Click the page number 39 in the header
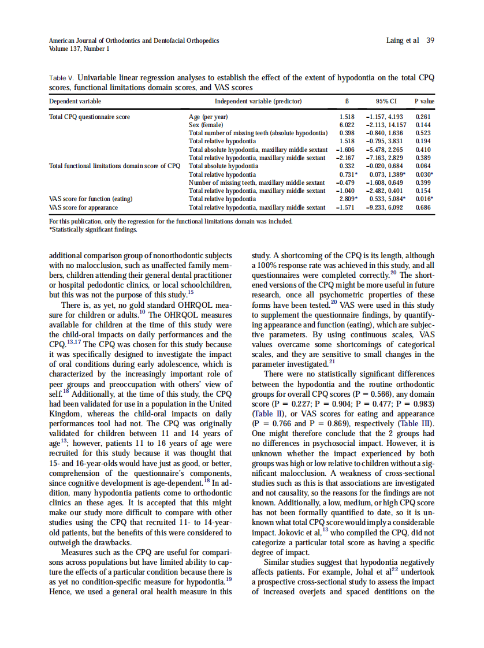pos(430,40)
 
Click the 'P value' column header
pos(425,101)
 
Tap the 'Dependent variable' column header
pos(75,101)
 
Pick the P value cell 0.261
pos(423,117)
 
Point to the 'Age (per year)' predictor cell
pos(209,117)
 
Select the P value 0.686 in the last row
pos(423,207)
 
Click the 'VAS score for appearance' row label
pos(84,207)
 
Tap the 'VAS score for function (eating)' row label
pos(91,199)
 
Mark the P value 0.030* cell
pos(425,174)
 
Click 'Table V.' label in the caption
pos(62,77)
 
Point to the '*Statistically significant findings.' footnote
pos(93,229)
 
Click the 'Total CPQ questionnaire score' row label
pos(90,117)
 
